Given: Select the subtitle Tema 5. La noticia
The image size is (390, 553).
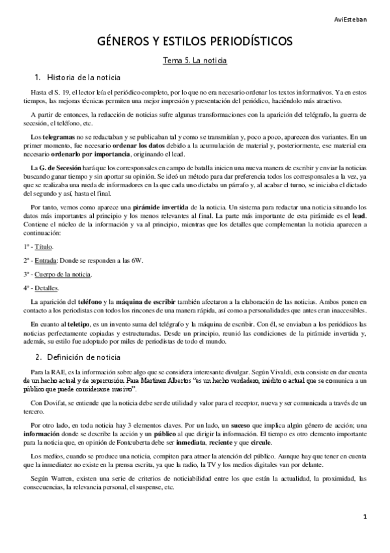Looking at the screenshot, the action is click(x=195, y=61).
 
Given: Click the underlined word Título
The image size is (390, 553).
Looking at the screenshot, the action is click(x=44, y=247).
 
